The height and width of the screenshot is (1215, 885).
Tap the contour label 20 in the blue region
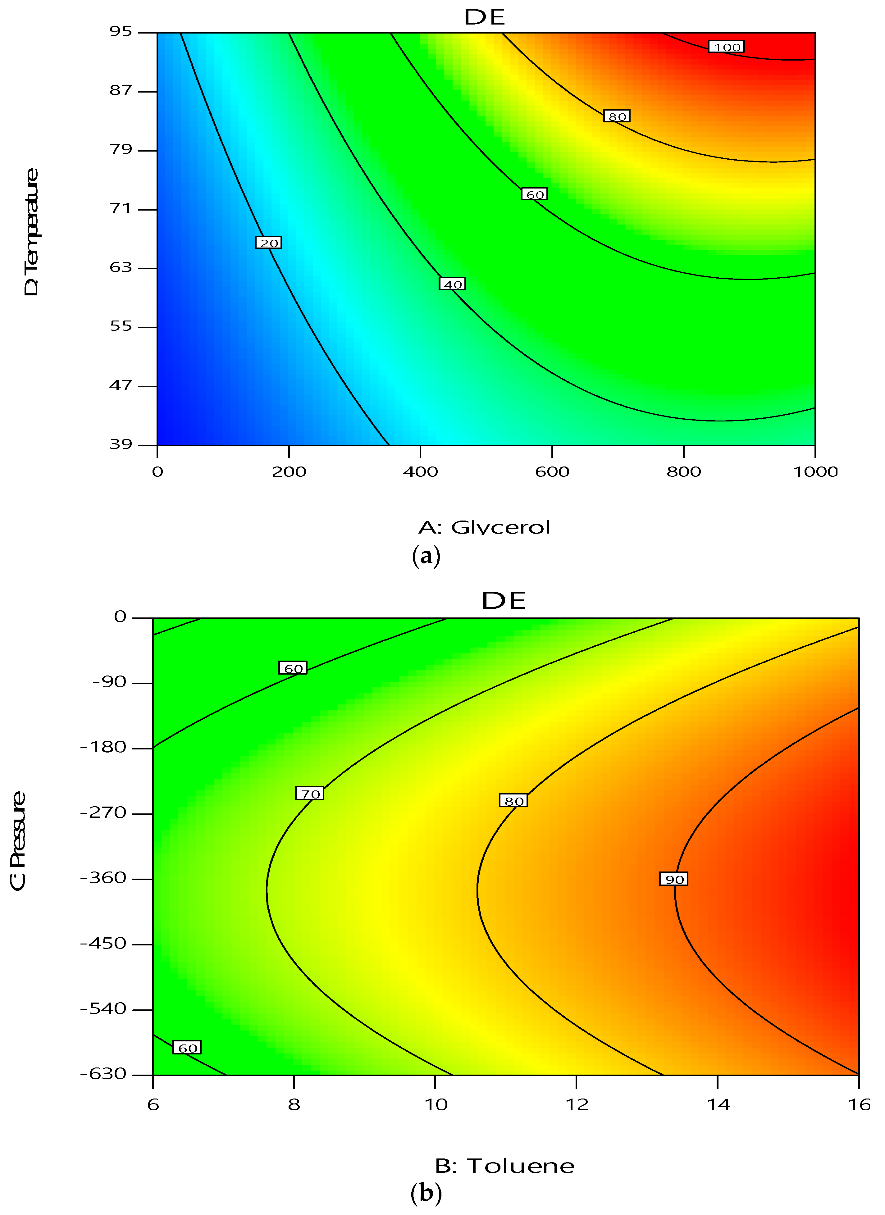[268, 243]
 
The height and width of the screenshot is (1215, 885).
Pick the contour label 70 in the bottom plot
[310, 794]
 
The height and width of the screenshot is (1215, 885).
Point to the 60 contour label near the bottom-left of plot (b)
[187, 1048]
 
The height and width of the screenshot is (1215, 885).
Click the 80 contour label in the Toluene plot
[513, 801]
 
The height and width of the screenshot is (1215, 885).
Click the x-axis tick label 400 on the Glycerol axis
[421, 472]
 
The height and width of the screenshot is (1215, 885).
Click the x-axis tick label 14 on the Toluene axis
[718, 1105]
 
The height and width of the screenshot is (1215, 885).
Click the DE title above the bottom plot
[504, 601]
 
